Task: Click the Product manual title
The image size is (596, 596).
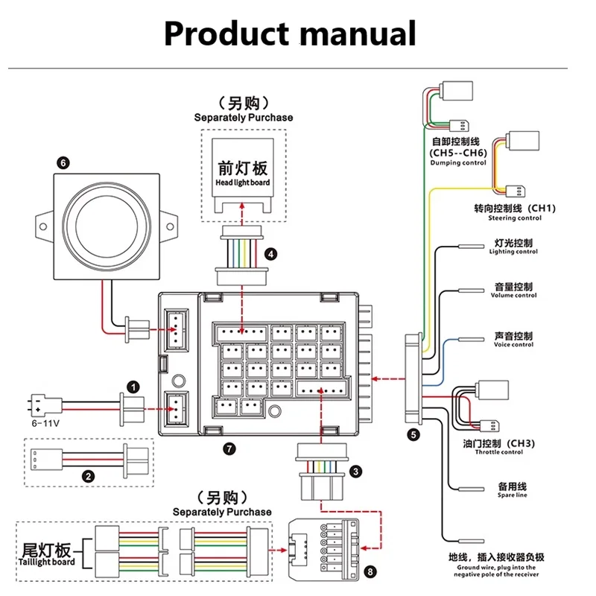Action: pyautogui.click(x=290, y=34)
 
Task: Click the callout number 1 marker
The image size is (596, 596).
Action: pyautogui.click(x=133, y=387)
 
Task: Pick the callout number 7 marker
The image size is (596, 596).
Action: pyautogui.click(x=229, y=448)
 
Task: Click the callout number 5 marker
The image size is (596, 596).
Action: pyautogui.click(x=413, y=433)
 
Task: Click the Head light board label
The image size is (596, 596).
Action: pyautogui.click(x=243, y=183)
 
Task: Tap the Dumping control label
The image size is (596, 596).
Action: pyautogui.click(x=457, y=162)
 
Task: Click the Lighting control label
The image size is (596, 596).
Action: pyautogui.click(x=513, y=252)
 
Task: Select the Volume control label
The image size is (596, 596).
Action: pyautogui.click(x=513, y=295)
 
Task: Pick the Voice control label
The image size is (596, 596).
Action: pyautogui.click(x=513, y=344)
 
